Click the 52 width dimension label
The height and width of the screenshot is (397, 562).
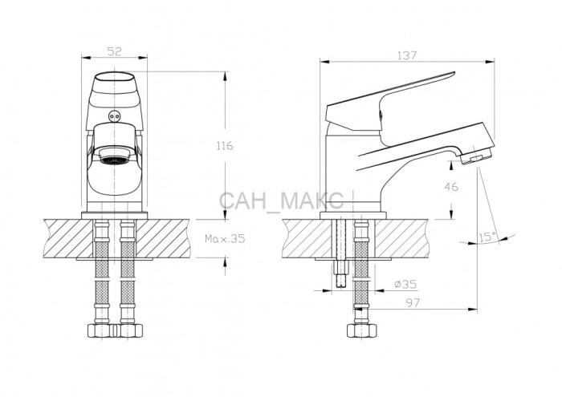coord(115,51)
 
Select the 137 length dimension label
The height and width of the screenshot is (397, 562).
coord(407,55)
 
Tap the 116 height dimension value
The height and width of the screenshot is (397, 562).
coord(224,146)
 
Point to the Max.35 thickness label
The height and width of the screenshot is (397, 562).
coord(225,238)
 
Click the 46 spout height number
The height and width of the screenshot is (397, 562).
coord(451,187)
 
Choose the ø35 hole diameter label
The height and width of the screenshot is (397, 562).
coord(405,284)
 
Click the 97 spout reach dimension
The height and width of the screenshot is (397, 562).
coord(413,303)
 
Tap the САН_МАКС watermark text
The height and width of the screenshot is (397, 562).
coord(281,201)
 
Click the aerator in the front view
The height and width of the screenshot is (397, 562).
coord(115,157)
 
